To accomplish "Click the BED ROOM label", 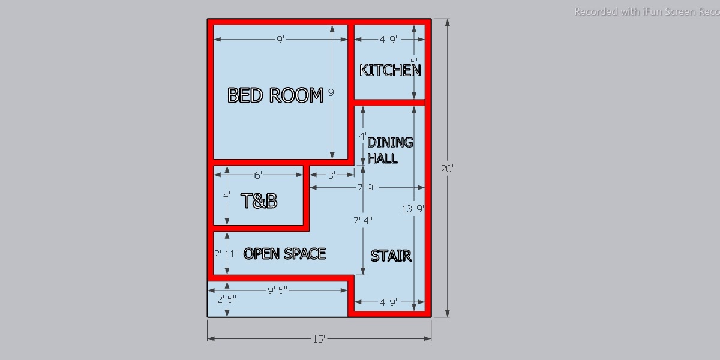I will click(275, 95).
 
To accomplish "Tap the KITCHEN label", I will click(389, 70).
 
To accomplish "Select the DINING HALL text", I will click(390, 150).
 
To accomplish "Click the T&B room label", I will click(259, 201).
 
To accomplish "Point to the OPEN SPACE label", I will click(284, 254).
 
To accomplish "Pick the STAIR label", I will click(391, 256).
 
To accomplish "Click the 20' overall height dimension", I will click(447, 169).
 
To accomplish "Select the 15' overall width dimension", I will click(319, 339).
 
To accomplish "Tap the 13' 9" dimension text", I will click(413, 209).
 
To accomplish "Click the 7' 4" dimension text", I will click(362, 221).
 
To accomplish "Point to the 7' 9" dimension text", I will click(367, 188).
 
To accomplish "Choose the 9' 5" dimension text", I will click(277, 290).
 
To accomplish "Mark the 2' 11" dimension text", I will click(227, 253).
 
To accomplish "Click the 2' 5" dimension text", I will click(226, 298).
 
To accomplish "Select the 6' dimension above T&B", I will click(258, 175).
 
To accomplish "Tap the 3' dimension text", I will click(332, 175).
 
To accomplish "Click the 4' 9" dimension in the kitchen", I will click(389, 40).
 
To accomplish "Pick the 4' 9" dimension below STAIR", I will click(389, 302).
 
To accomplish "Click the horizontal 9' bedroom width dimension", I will click(280, 40).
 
